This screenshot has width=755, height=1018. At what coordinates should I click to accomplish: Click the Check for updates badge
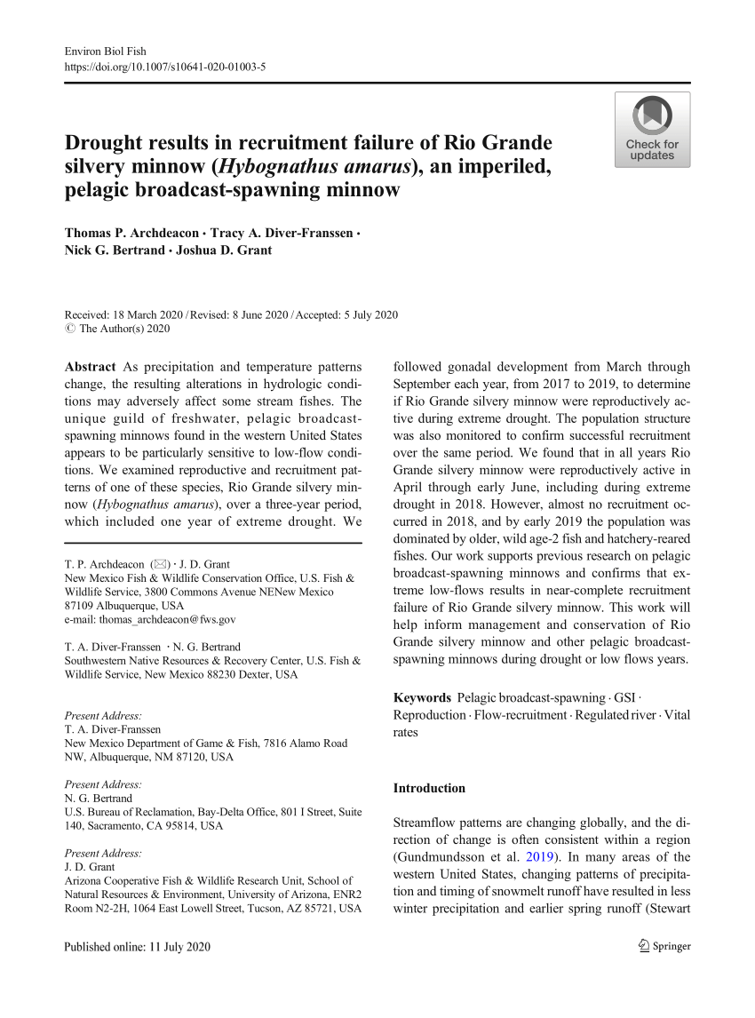tap(652, 130)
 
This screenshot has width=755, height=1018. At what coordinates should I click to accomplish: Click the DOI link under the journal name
tap(165, 67)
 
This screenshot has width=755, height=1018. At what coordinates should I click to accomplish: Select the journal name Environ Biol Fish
tap(106, 52)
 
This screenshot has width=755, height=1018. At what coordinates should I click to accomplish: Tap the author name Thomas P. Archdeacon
tap(131, 234)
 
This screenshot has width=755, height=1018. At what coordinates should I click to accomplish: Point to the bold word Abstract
tap(91, 367)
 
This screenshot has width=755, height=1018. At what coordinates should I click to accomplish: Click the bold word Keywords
tap(422, 697)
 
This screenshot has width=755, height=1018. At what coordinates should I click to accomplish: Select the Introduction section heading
tap(429, 788)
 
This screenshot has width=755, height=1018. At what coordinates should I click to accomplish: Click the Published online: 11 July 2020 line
tap(138, 947)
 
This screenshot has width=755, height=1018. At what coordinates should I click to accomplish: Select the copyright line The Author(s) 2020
tap(117, 328)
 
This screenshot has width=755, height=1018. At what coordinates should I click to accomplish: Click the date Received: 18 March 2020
tap(123, 314)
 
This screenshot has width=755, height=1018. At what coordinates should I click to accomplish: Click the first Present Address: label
tap(103, 716)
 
